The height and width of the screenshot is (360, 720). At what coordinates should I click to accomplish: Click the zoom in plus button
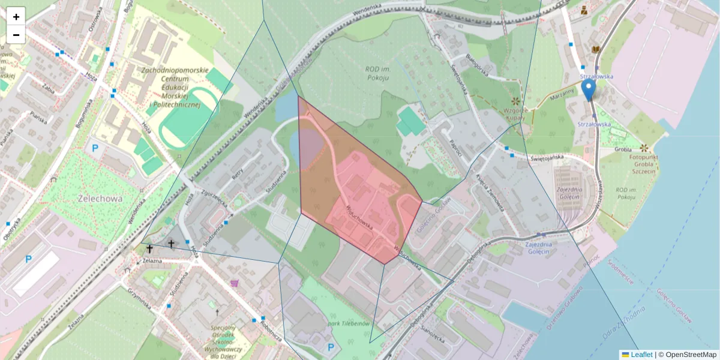[16, 17]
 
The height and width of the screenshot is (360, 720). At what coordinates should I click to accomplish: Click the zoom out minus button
[16, 35]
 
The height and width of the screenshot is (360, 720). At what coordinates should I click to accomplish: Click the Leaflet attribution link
[641, 355]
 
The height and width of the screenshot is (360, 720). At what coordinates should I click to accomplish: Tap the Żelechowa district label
[100, 199]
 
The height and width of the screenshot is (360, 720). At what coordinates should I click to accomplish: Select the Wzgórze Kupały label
[515, 114]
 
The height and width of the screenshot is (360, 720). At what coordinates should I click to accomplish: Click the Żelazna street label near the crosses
[153, 261]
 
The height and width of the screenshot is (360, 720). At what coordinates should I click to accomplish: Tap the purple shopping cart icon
[234, 283]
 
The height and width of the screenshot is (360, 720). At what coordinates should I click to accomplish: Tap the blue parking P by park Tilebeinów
[331, 347]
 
